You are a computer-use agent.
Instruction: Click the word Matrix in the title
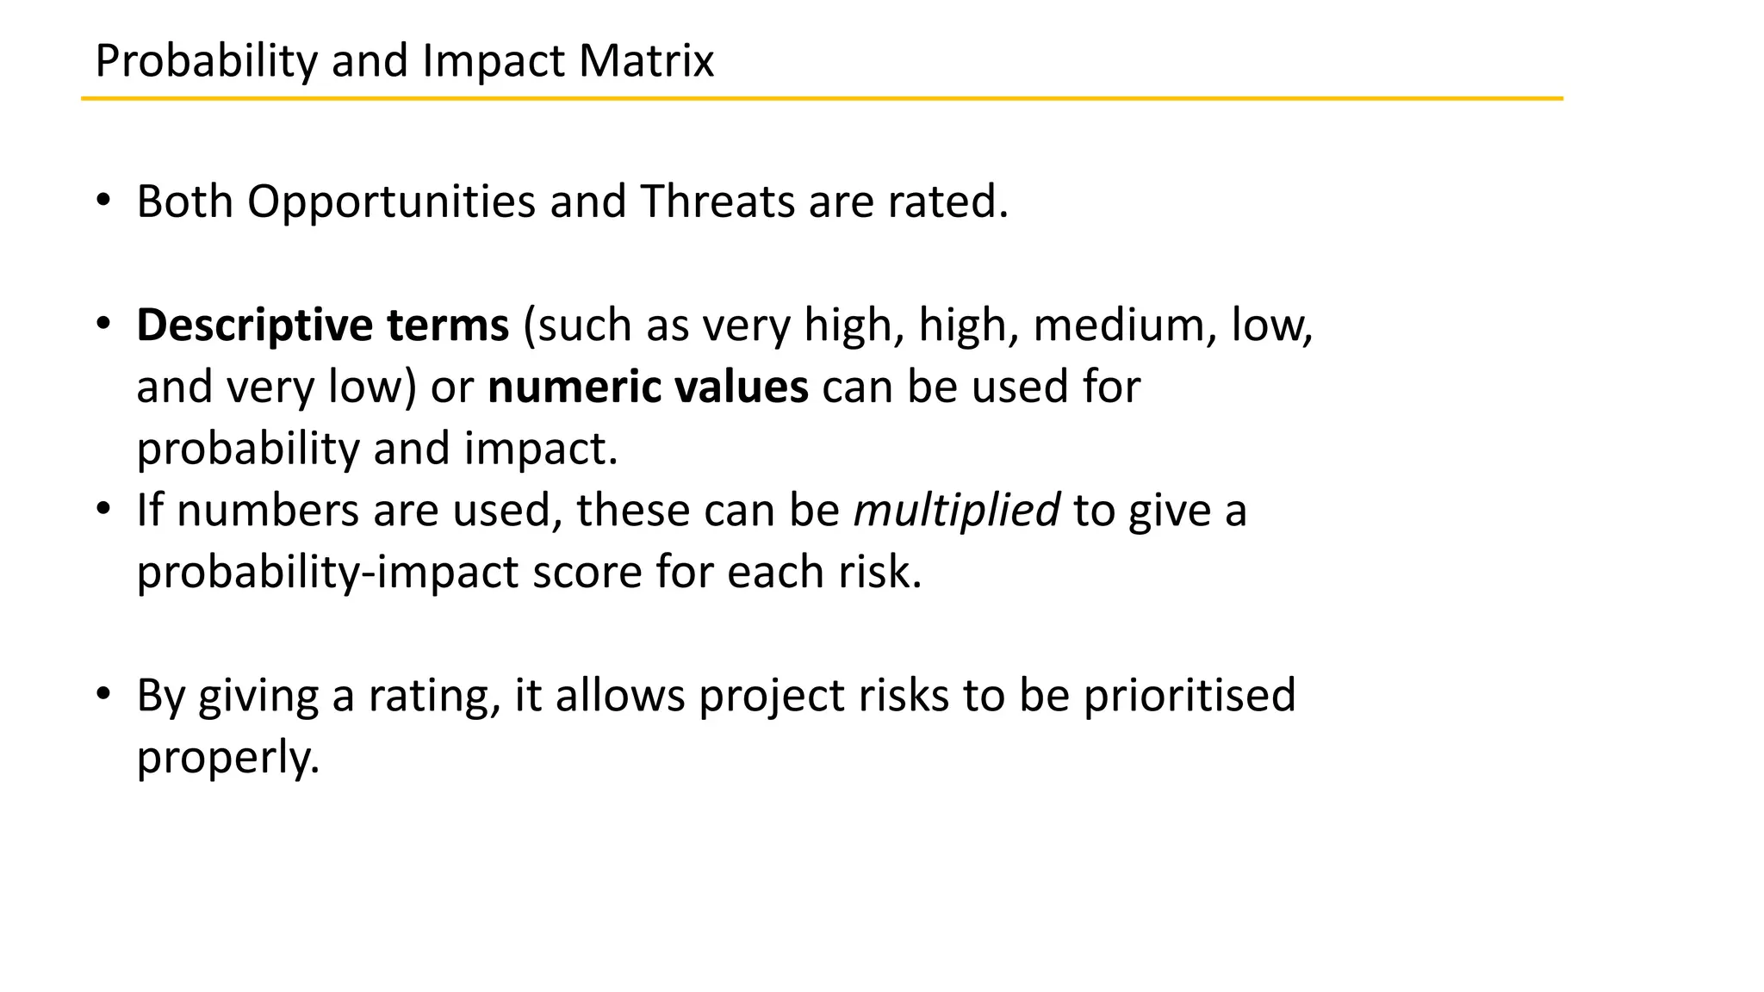pos(646,61)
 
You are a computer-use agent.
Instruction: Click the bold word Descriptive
pos(254,326)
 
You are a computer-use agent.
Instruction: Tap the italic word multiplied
pos(956,511)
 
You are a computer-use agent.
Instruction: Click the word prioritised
pos(1189,696)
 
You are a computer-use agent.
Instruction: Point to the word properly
pos(227,758)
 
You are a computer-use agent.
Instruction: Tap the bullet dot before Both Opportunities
pos(104,201)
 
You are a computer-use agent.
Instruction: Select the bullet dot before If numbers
pos(104,510)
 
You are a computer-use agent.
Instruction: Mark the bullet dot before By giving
pos(104,694)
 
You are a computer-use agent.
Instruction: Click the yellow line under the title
pos(822,99)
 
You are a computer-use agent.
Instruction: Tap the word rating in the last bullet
pos(433,696)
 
